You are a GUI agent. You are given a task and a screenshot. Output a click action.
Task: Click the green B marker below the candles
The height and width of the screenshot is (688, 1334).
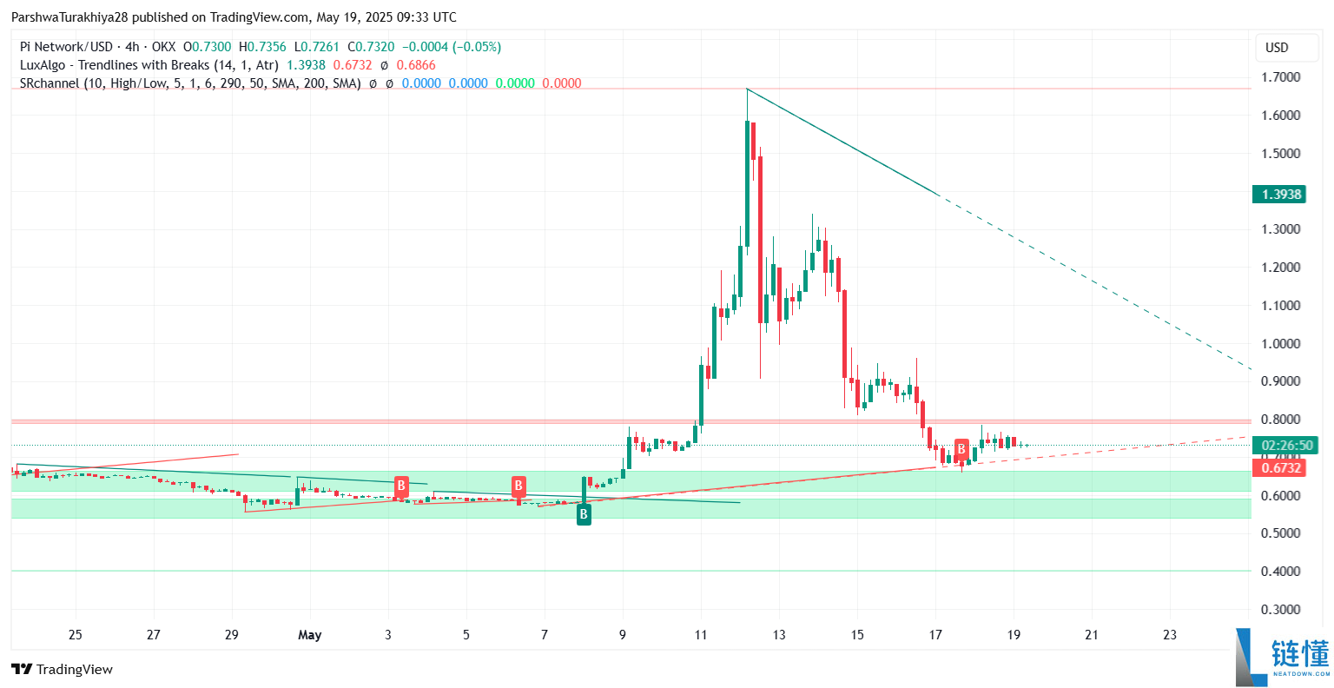pyautogui.click(x=584, y=514)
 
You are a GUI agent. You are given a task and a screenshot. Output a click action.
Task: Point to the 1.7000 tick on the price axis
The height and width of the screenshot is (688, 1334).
pyautogui.click(x=1280, y=77)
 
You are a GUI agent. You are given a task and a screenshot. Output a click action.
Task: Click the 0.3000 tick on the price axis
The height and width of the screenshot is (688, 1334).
pyautogui.click(x=1280, y=609)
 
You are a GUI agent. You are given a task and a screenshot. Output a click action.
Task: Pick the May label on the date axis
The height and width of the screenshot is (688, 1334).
pyautogui.click(x=309, y=635)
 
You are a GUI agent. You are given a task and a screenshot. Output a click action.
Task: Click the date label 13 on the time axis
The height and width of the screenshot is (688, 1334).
pyautogui.click(x=779, y=635)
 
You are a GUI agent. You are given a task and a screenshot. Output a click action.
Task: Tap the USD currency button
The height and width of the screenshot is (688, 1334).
pyautogui.click(x=1277, y=48)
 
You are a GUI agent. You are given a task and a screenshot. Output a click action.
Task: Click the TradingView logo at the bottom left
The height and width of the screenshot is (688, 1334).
pyautogui.click(x=62, y=669)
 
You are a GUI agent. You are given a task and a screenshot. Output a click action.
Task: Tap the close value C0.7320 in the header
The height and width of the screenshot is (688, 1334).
pyautogui.click(x=371, y=47)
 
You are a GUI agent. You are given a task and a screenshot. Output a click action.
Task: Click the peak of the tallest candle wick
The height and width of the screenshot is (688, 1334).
pyautogui.click(x=747, y=89)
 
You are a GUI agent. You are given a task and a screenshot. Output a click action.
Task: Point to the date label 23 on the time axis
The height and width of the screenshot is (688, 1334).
pyautogui.click(x=1170, y=635)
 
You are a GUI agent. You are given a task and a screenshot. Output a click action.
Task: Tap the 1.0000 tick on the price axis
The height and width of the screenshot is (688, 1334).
pyautogui.click(x=1280, y=343)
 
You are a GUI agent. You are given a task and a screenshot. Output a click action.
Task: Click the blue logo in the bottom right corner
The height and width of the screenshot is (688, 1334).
pyautogui.click(x=1282, y=655)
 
